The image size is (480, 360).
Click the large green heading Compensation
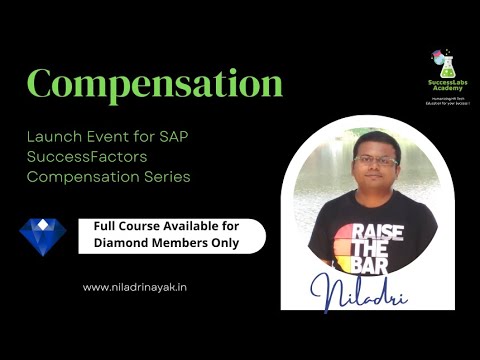(x=155, y=84)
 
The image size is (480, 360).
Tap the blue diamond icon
(x=42, y=237)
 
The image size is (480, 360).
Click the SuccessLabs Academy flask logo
(x=442, y=62)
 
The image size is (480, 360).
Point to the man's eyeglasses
(x=375, y=160)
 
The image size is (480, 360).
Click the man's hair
(x=375, y=139)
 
